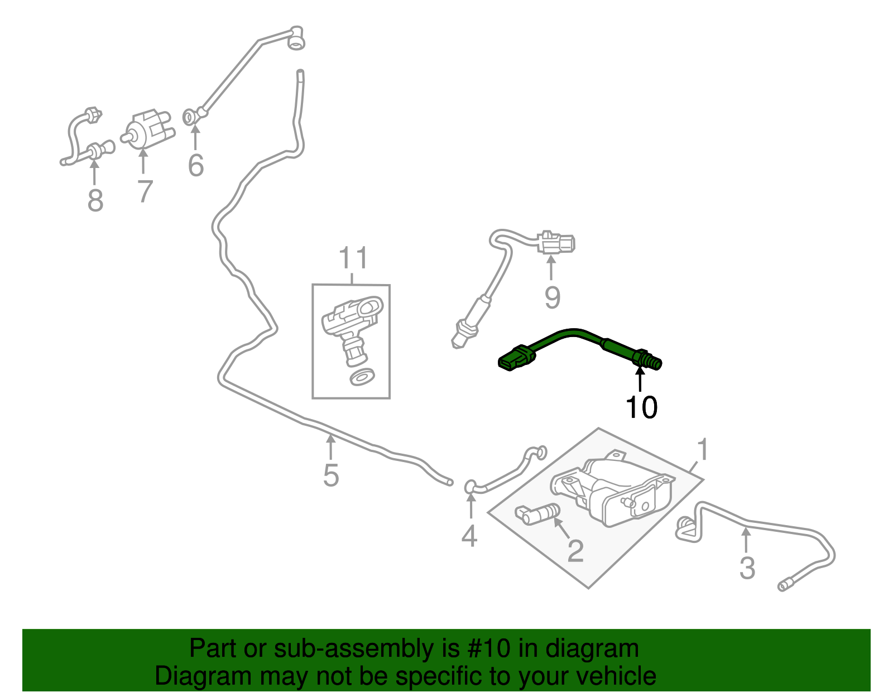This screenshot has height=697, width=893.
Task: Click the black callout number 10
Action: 641,407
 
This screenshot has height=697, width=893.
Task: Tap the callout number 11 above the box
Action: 353,258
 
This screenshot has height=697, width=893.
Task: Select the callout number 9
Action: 552,297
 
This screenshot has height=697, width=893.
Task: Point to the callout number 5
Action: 331,475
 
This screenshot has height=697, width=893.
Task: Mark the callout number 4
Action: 469,536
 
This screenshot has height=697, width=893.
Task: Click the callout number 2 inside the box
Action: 575,551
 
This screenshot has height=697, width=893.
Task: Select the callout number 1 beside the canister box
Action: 703,450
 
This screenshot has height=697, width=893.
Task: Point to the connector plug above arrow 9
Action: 556,243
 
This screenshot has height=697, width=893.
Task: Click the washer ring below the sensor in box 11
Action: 362,377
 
